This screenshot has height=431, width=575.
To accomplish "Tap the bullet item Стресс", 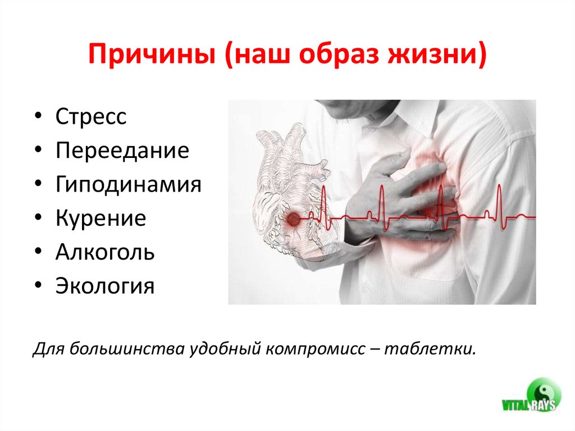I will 91,117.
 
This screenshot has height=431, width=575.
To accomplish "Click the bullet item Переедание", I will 122,151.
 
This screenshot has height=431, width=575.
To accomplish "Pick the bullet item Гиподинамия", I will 128,185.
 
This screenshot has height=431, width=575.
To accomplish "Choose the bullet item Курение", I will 101,219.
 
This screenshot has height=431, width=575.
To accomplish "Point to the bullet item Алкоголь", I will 105,252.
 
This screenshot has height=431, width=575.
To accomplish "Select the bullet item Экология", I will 104,286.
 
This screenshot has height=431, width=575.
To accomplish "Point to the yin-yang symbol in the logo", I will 542,389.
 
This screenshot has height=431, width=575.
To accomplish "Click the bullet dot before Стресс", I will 37,118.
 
